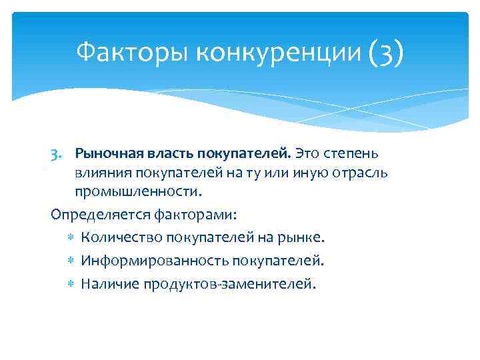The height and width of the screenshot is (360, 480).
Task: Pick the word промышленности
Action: coord(137,191)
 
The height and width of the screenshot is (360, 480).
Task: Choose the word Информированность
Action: coord(141,261)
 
